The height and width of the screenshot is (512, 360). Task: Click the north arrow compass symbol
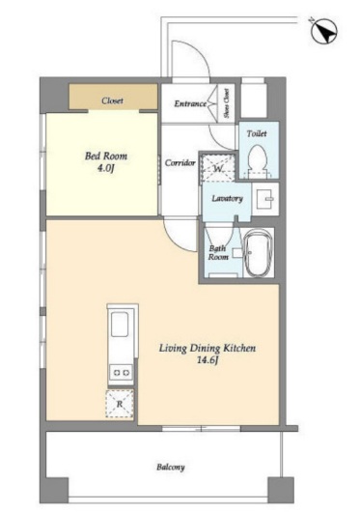[x=323, y=31]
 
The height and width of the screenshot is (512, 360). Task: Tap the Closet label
[x=112, y=100]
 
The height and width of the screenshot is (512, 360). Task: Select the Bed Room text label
[x=106, y=156]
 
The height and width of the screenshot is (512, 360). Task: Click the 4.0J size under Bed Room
[x=105, y=168]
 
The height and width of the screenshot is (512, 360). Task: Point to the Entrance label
[x=190, y=103]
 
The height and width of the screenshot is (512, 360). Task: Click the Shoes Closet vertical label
[x=226, y=103]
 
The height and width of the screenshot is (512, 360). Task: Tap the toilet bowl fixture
[x=258, y=161]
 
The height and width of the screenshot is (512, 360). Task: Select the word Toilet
[x=257, y=133]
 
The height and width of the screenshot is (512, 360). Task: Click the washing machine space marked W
[x=217, y=168]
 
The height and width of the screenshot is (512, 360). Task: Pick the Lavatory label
[x=227, y=199]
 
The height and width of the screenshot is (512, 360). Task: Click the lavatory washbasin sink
[x=265, y=199]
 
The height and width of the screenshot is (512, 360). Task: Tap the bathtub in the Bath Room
[x=259, y=253]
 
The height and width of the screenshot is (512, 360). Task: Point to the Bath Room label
[x=218, y=253]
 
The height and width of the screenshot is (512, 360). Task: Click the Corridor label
[x=180, y=162]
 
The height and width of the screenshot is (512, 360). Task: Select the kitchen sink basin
[x=120, y=325]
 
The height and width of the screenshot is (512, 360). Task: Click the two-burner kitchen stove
[x=121, y=372]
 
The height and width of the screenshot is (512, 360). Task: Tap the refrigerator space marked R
[x=120, y=404]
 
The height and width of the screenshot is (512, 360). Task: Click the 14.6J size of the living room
[x=208, y=359]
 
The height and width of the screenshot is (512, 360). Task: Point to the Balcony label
[x=171, y=467]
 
